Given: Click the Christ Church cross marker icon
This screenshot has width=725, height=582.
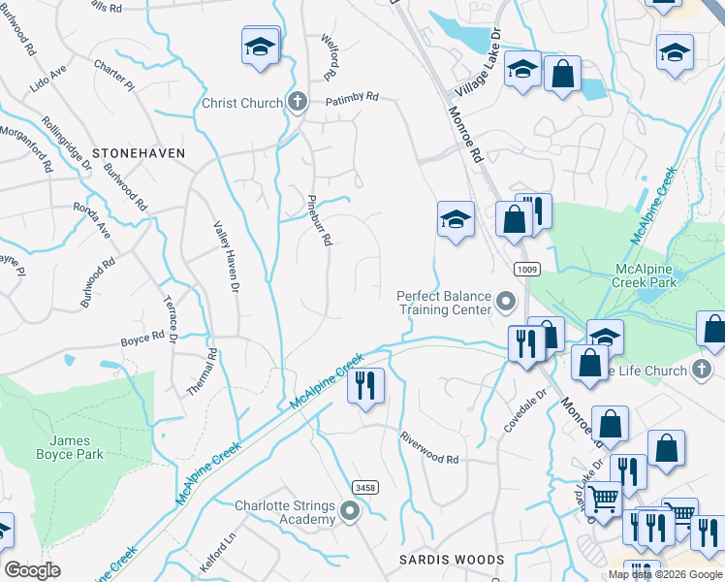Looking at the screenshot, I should click(298, 102).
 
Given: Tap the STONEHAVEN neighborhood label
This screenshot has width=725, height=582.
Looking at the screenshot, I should click(138, 153).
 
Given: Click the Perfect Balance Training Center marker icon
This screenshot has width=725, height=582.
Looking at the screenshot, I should click(505, 303).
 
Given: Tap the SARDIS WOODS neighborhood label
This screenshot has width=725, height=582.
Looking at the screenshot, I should click(453, 560).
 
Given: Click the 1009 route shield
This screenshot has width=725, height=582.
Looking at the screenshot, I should click(526, 269).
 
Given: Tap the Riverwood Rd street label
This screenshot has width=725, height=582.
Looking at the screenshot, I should click(428, 447).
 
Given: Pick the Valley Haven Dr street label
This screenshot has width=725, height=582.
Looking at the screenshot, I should click(226, 255).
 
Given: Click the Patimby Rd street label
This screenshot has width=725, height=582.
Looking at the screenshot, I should click(351, 98).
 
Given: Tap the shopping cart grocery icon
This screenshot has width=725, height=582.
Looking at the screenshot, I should click(604, 500).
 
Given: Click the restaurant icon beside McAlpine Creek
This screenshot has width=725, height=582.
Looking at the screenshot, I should click(366, 385).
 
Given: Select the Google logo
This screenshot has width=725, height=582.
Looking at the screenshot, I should click(32, 569).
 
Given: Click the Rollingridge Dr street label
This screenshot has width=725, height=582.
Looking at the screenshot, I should click(66, 144).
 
